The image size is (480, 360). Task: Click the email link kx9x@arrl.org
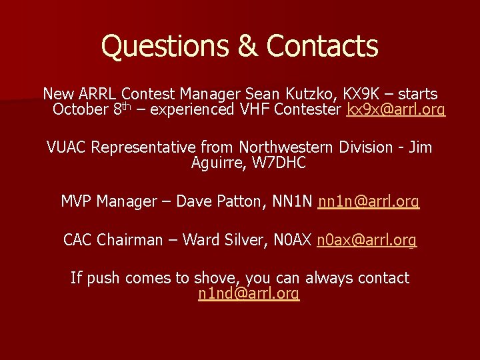396,109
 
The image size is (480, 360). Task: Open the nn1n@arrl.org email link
369,201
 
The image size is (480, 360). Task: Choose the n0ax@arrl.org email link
367,239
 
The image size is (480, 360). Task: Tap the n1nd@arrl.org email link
249,293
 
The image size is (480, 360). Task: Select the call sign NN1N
293,201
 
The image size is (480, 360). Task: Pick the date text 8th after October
123,109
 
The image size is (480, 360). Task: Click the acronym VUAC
66,147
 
